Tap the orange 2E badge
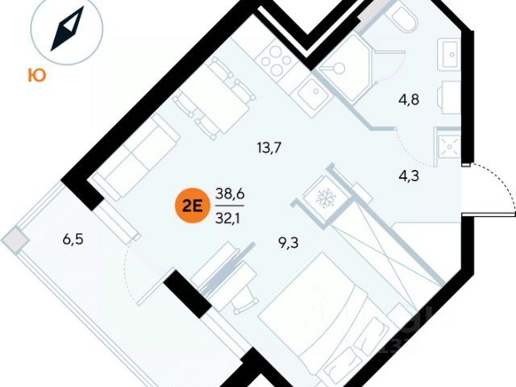point(190,205)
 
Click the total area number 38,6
point(229,193)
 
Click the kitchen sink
point(310,96)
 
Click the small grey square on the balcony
point(14,239)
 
